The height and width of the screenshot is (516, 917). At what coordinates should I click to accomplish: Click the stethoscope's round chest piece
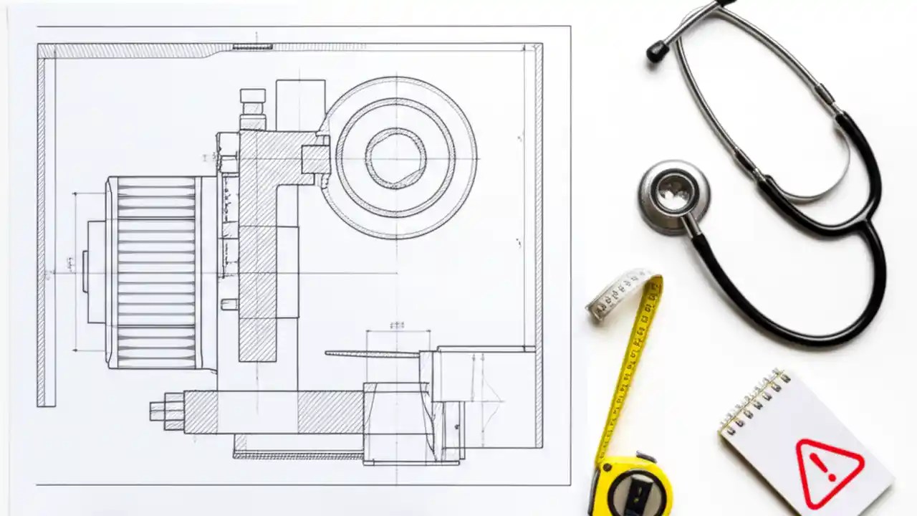674,196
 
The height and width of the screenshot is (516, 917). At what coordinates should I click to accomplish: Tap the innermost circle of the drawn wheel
395,158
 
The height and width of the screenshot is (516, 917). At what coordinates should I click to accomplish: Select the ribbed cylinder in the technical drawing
155,273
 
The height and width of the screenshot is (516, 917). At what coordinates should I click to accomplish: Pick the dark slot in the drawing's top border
252,47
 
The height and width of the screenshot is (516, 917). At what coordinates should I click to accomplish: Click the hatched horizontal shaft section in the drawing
330,412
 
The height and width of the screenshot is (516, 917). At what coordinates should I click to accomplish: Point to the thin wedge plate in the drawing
373,353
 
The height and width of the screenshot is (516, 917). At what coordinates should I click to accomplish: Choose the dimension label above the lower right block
397,325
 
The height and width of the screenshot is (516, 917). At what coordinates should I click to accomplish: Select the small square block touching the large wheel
315,159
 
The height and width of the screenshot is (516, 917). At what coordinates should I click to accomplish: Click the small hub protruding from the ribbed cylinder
85,272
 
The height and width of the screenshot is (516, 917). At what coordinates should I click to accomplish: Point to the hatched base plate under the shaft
297,454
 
